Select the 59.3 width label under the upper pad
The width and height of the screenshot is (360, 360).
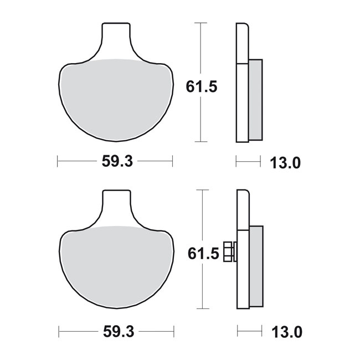[x=116, y=162]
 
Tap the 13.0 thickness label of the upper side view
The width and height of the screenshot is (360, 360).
[x=285, y=163]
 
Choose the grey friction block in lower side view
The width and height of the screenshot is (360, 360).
[x=256, y=266]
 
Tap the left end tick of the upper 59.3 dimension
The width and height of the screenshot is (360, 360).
[x=58, y=161]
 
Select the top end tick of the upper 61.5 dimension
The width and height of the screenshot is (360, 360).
[x=200, y=23]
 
